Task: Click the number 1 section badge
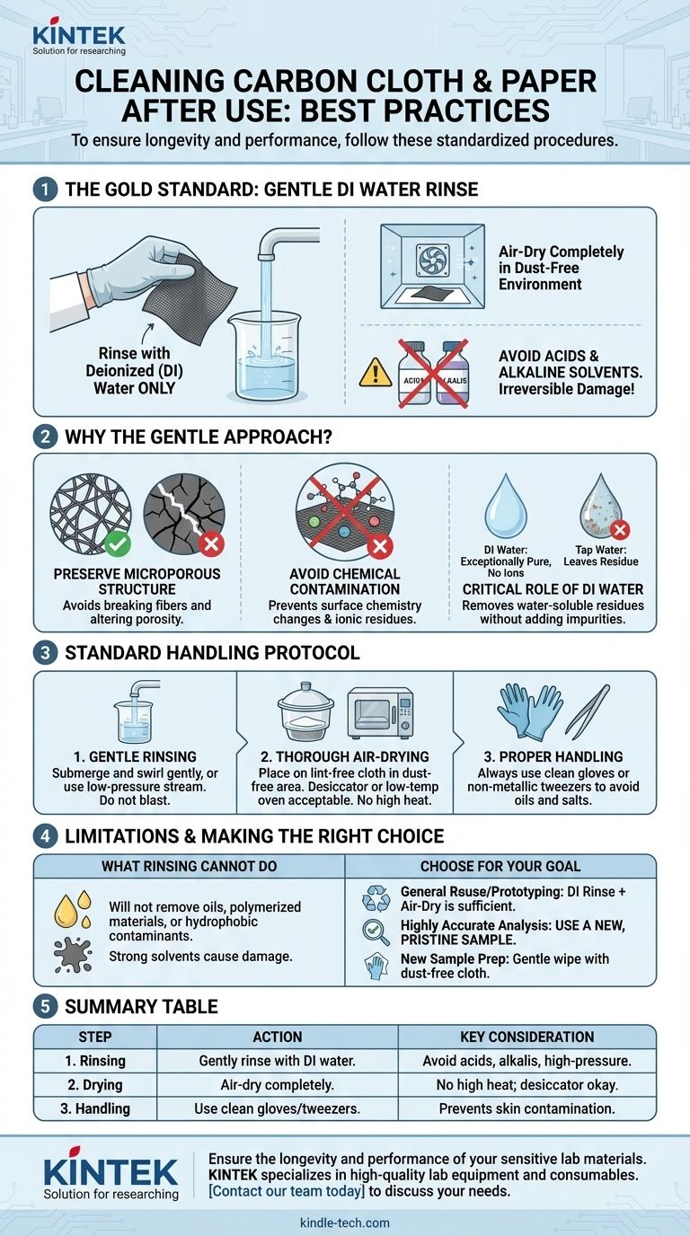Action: [45, 190]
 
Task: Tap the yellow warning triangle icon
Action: [376, 372]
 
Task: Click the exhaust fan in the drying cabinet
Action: [433, 260]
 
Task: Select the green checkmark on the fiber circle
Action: [118, 544]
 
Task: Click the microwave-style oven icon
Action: [381, 712]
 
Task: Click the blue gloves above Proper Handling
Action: [530, 711]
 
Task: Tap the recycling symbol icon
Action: [376, 898]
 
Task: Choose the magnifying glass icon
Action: [376, 931]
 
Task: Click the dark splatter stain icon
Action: [73, 955]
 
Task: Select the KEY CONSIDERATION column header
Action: [527, 1037]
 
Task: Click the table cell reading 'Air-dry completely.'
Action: [277, 1085]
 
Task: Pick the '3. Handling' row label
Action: [95, 1108]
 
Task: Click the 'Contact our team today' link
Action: [287, 1191]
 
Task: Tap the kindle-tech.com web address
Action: [344, 1223]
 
